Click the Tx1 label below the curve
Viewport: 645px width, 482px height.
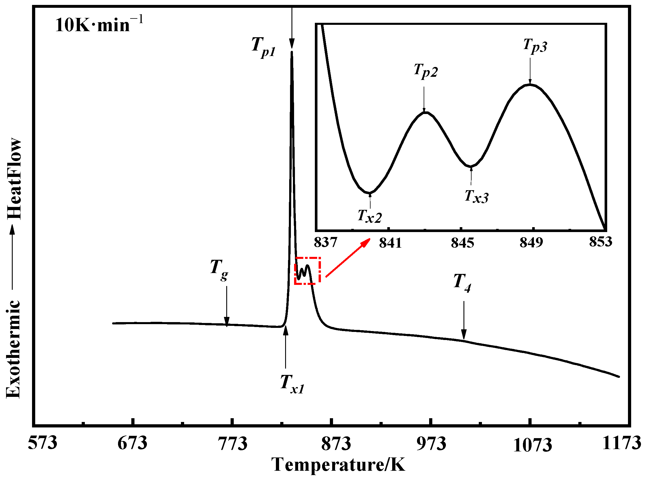[292, 384]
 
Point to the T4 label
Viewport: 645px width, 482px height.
[462, 283]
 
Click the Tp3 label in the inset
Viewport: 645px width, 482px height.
[535, 46]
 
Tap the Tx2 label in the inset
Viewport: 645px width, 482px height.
[369, 216]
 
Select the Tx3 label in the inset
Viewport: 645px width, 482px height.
[476, 196]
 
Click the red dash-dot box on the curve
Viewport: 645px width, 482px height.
[308, 271]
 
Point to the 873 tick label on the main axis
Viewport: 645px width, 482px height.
[336, 444]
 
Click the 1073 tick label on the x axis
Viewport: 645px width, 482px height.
[532, 445]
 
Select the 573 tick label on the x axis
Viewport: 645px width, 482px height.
[43, 443]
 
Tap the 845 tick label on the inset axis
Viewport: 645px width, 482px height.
[462, 243]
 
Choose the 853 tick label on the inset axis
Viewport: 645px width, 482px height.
[600, 242]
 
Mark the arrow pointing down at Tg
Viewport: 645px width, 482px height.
[227, 306]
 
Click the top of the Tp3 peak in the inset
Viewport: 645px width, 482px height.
[530, 85]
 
